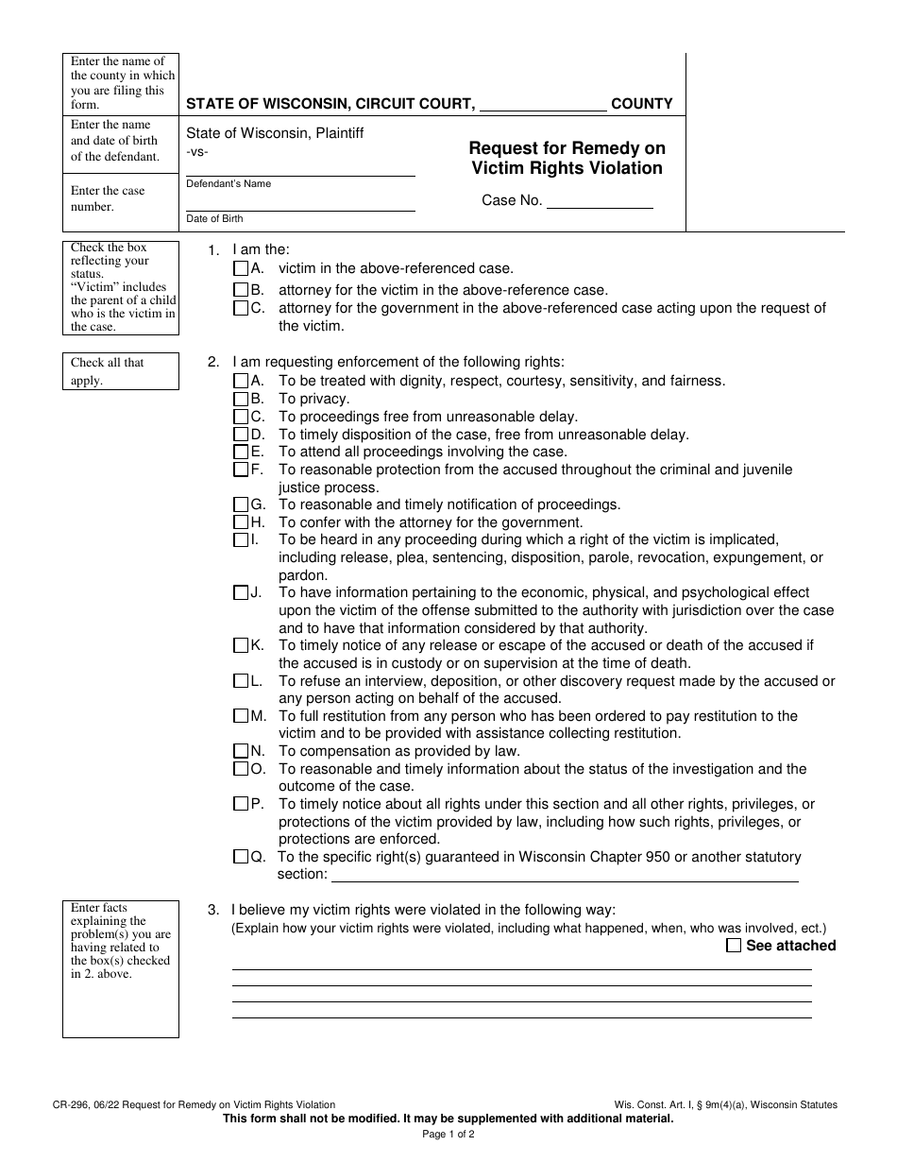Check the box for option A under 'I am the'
(241, 269)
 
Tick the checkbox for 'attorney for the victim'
(241, 290)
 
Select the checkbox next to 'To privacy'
(241, 399)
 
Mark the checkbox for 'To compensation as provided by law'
(241, 751)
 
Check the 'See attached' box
(734, 946)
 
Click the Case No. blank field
(600, 201)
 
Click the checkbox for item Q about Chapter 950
(241, 857)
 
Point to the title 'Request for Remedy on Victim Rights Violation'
(567, 158)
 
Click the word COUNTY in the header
(642, 104)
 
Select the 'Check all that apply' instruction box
(121, 371)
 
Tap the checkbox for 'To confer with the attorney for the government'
(241, 522)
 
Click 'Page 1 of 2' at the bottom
(448, 1135)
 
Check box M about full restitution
(241, 716)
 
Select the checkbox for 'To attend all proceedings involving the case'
(241, 452)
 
